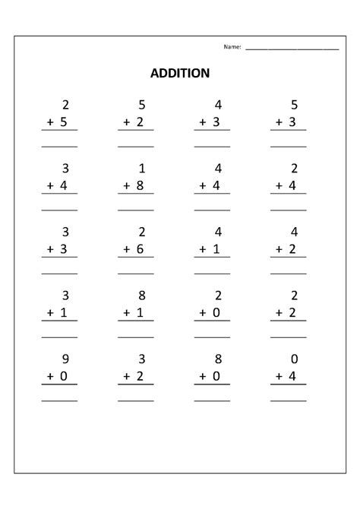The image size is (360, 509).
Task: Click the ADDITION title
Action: point(180,74)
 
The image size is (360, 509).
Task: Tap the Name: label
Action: point(232,47)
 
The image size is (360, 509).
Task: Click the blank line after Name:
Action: point(292,49)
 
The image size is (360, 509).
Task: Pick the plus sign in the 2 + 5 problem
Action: point(51,121)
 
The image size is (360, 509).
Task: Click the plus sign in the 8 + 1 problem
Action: point(127,311)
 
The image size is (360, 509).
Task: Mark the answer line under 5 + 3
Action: point(289,146)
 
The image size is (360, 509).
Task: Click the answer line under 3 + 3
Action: point(59,273)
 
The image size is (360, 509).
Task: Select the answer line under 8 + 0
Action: point(212,400)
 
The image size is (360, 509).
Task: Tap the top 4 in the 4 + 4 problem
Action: point(219,168)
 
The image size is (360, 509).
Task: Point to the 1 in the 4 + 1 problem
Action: point(219,248)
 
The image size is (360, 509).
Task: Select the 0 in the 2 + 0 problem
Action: point(219,311)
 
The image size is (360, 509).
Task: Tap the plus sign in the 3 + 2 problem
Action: point(127,375)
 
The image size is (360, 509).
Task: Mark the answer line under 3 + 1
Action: point(59,336)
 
